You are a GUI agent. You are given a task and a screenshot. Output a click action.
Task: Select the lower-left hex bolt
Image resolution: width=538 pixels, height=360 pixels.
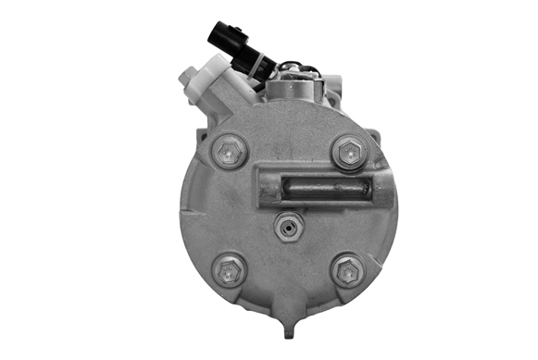[x=228, y=271]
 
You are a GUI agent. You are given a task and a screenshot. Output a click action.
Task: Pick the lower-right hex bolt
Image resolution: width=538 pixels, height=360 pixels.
[x=348, y=270]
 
